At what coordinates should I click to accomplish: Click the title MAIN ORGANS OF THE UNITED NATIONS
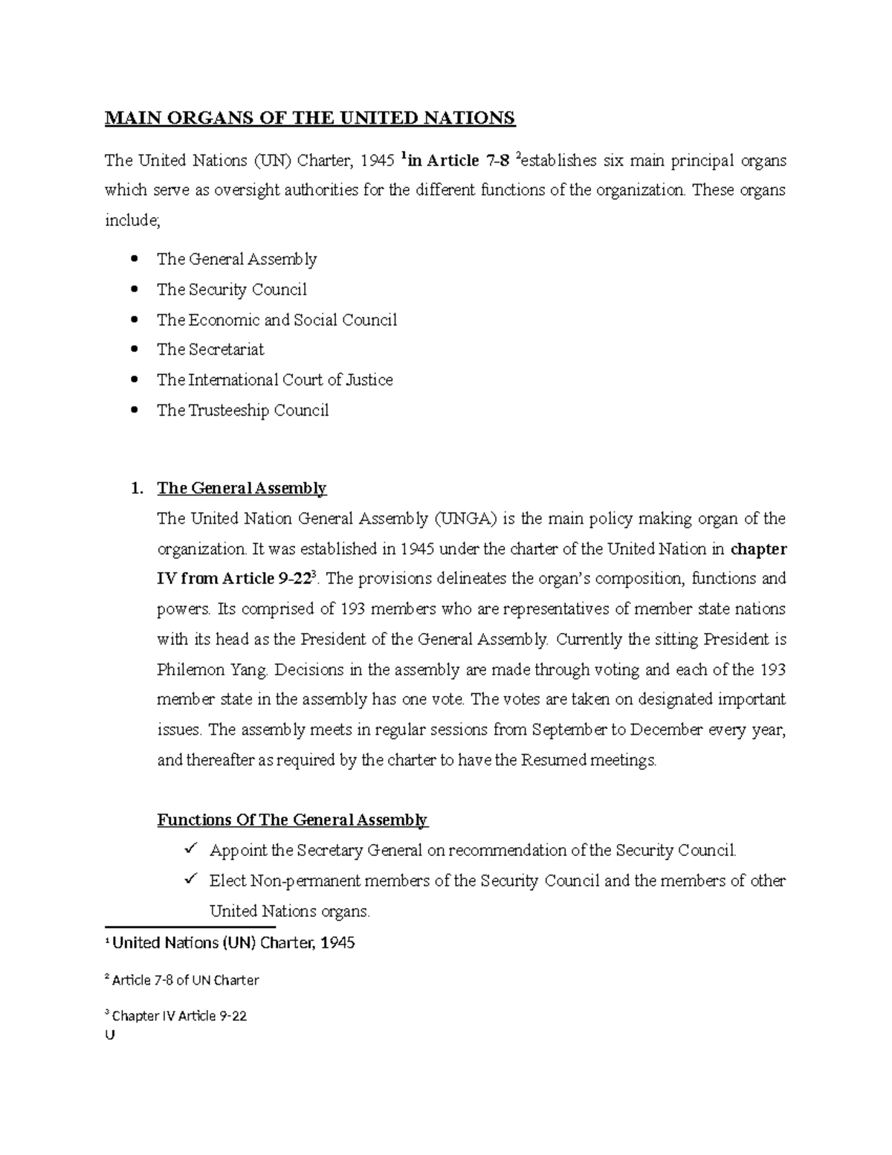point(309,118)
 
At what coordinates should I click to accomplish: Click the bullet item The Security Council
point(231,289)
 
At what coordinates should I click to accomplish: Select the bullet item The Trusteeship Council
point(242,411)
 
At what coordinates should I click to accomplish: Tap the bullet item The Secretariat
point(210,350)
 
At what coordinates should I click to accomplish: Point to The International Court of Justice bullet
point(274,380)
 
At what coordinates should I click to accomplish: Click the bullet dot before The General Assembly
point(134,259)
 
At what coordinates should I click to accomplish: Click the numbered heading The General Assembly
point(242,489)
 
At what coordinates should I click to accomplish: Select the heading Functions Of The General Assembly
point(292,820)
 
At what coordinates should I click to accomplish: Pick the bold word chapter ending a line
point(759,550)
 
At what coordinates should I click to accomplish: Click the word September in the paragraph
point(569,730)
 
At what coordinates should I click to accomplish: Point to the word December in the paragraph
point(666,730)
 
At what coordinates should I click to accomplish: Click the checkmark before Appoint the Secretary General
point(190,849)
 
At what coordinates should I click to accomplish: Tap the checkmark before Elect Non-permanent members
point(190,879)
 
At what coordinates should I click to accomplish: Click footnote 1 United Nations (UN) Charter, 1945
point(230,943)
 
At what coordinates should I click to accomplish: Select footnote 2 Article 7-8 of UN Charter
point(183,980)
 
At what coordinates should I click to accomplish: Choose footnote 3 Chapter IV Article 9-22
point(177,1016)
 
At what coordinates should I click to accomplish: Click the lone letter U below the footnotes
point(111,1035)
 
